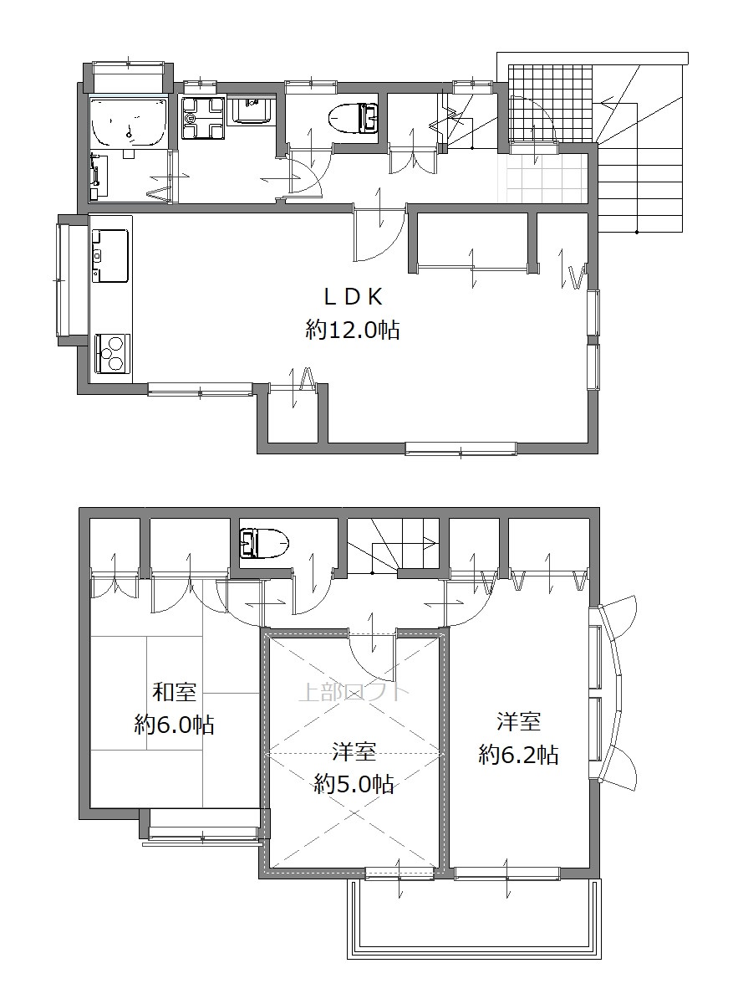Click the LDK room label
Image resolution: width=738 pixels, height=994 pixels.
(352, 296)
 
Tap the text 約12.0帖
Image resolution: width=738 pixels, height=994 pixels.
(352, 330)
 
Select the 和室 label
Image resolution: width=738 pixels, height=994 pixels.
(174, 691)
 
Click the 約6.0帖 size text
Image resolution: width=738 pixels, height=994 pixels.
(174, 724)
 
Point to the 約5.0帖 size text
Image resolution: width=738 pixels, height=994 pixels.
(354, 785)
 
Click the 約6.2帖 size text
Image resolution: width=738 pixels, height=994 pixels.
(518, 755)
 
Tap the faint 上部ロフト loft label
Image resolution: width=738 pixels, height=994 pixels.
(350, 691)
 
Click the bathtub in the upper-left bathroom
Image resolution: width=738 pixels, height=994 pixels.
(129, 122)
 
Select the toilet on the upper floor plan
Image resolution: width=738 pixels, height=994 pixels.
(354, 116)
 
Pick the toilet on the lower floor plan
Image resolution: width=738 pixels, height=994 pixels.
(264, 543)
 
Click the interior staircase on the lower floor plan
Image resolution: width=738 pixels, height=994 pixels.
(393, 545)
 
